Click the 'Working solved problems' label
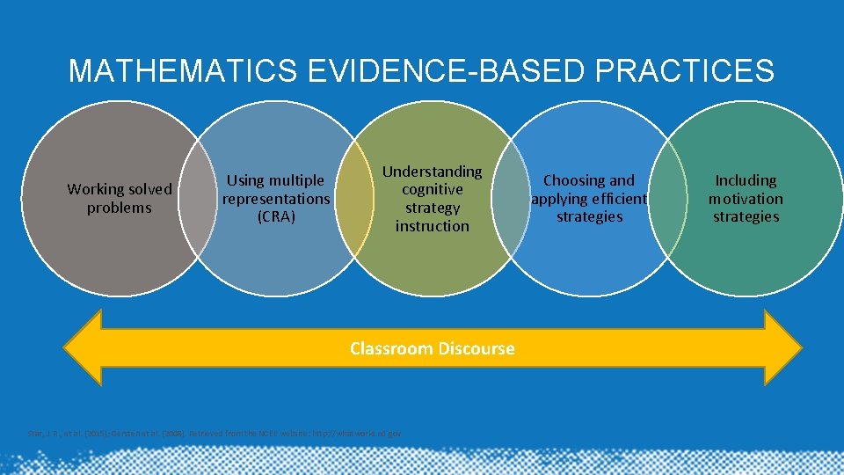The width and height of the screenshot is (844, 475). (120, 199)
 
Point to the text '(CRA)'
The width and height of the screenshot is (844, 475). (276, 216)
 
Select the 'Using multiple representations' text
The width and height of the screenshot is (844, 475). (276, 189)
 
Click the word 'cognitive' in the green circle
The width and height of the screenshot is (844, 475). (432, 189)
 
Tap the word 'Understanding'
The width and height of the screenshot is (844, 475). (432, 172)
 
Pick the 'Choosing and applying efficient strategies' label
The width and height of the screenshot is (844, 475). (589, 199)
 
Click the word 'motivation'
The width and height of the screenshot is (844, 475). (746, 199)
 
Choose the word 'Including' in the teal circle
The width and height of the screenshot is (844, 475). (746, 180)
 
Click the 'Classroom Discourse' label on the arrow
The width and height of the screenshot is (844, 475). (432, 348)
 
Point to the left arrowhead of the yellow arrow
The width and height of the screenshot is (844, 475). (84, 348)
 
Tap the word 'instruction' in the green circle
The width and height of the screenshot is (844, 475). (432, 226)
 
